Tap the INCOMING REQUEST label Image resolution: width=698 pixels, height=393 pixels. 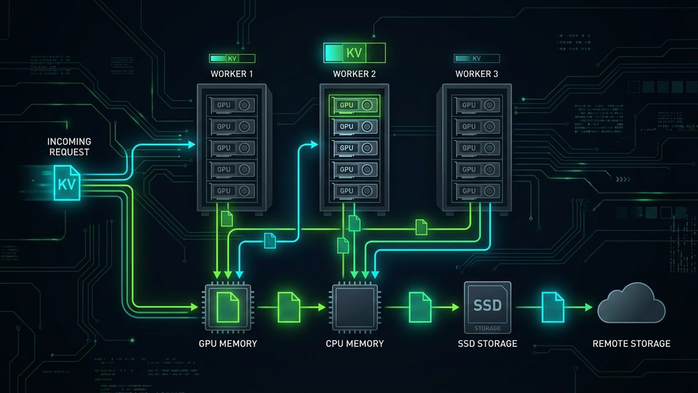(69, 147)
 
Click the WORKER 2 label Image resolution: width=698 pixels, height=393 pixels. (355, 75)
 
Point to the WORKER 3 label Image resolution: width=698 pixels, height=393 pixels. (477, 75)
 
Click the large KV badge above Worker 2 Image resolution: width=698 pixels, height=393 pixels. (355, 52)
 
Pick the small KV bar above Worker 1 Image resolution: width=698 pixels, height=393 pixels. (232, 59)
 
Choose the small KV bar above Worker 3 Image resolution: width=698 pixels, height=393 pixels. (477, 59)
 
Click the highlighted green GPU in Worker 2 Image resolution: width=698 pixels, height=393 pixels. (355, 105)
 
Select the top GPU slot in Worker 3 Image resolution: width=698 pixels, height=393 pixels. (477, 105)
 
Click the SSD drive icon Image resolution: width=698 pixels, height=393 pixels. (487, 306)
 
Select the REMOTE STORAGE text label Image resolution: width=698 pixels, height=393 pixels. (631, 344)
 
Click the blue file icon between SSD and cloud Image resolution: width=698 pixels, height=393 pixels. (553, 306)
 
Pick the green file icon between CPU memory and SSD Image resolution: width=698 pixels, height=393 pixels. (420, 306)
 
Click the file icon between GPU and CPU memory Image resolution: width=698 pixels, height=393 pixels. (289, 306)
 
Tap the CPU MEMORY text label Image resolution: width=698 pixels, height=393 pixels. (355, 344)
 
